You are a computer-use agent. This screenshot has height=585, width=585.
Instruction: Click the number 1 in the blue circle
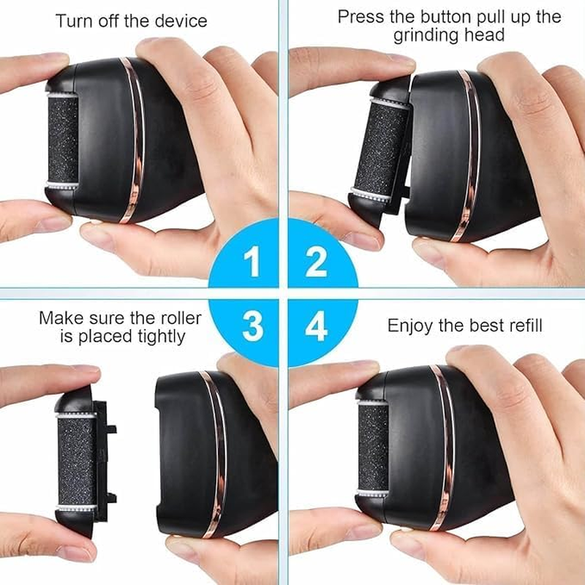[x=252, y=261]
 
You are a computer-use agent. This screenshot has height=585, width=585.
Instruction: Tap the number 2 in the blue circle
[x=316, y=261]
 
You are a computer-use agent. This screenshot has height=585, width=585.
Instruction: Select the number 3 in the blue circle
[x=252, y=326]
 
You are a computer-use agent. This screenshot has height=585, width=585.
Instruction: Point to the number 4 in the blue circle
[x=316, y=326]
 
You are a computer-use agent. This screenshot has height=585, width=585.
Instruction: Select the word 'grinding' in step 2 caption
[x=426, y=36]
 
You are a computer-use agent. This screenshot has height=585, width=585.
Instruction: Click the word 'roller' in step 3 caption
[x=181, y=318]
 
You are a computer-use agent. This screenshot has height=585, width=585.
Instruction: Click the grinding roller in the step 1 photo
[x=62, y=140]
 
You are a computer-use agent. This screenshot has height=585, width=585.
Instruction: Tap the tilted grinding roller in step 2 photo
[x=380, y=149]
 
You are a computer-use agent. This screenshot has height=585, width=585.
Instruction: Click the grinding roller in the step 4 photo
[x=372, y=448]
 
